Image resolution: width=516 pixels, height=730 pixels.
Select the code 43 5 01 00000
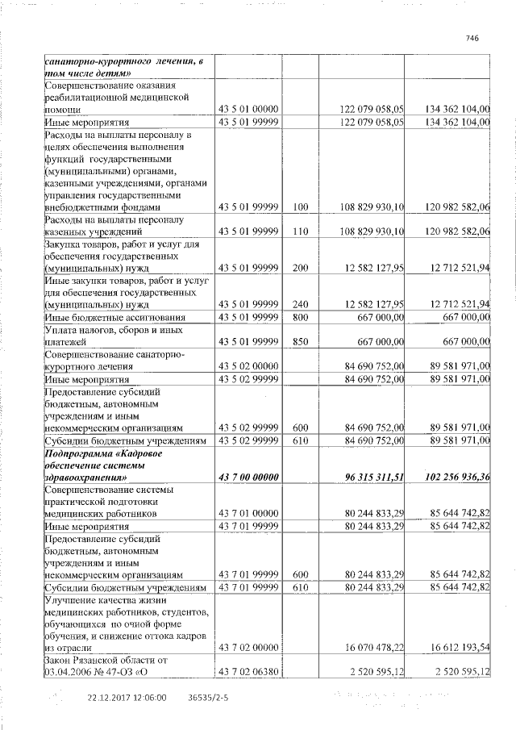248,109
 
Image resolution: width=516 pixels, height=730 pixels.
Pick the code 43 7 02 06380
248,674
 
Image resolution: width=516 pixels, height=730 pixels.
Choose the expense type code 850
301,342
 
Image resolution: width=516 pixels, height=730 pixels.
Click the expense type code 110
301,232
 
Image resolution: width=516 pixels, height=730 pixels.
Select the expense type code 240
301,304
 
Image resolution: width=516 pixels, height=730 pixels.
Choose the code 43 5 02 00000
248,367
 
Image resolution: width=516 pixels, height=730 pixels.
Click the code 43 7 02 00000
248,647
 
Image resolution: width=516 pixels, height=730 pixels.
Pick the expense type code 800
301,317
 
